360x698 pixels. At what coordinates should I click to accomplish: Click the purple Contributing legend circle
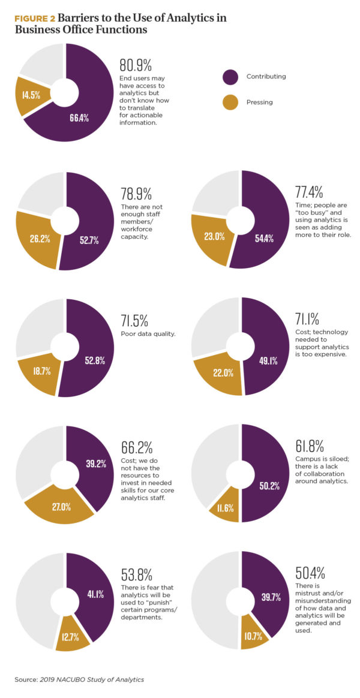[x=231, y=77]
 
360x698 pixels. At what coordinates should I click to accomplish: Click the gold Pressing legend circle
[x=231, y=102]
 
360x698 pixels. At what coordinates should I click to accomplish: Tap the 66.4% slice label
[x=79, y=118]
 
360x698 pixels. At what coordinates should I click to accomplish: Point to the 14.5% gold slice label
[x=32, y=95]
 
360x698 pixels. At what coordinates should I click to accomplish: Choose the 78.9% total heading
[x=136, y=194]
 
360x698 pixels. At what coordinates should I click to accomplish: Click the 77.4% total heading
[x=310, y=192]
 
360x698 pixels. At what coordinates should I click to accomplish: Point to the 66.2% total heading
[x=136, y=448]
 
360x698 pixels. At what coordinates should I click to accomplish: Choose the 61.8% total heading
[x=310, y=446]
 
